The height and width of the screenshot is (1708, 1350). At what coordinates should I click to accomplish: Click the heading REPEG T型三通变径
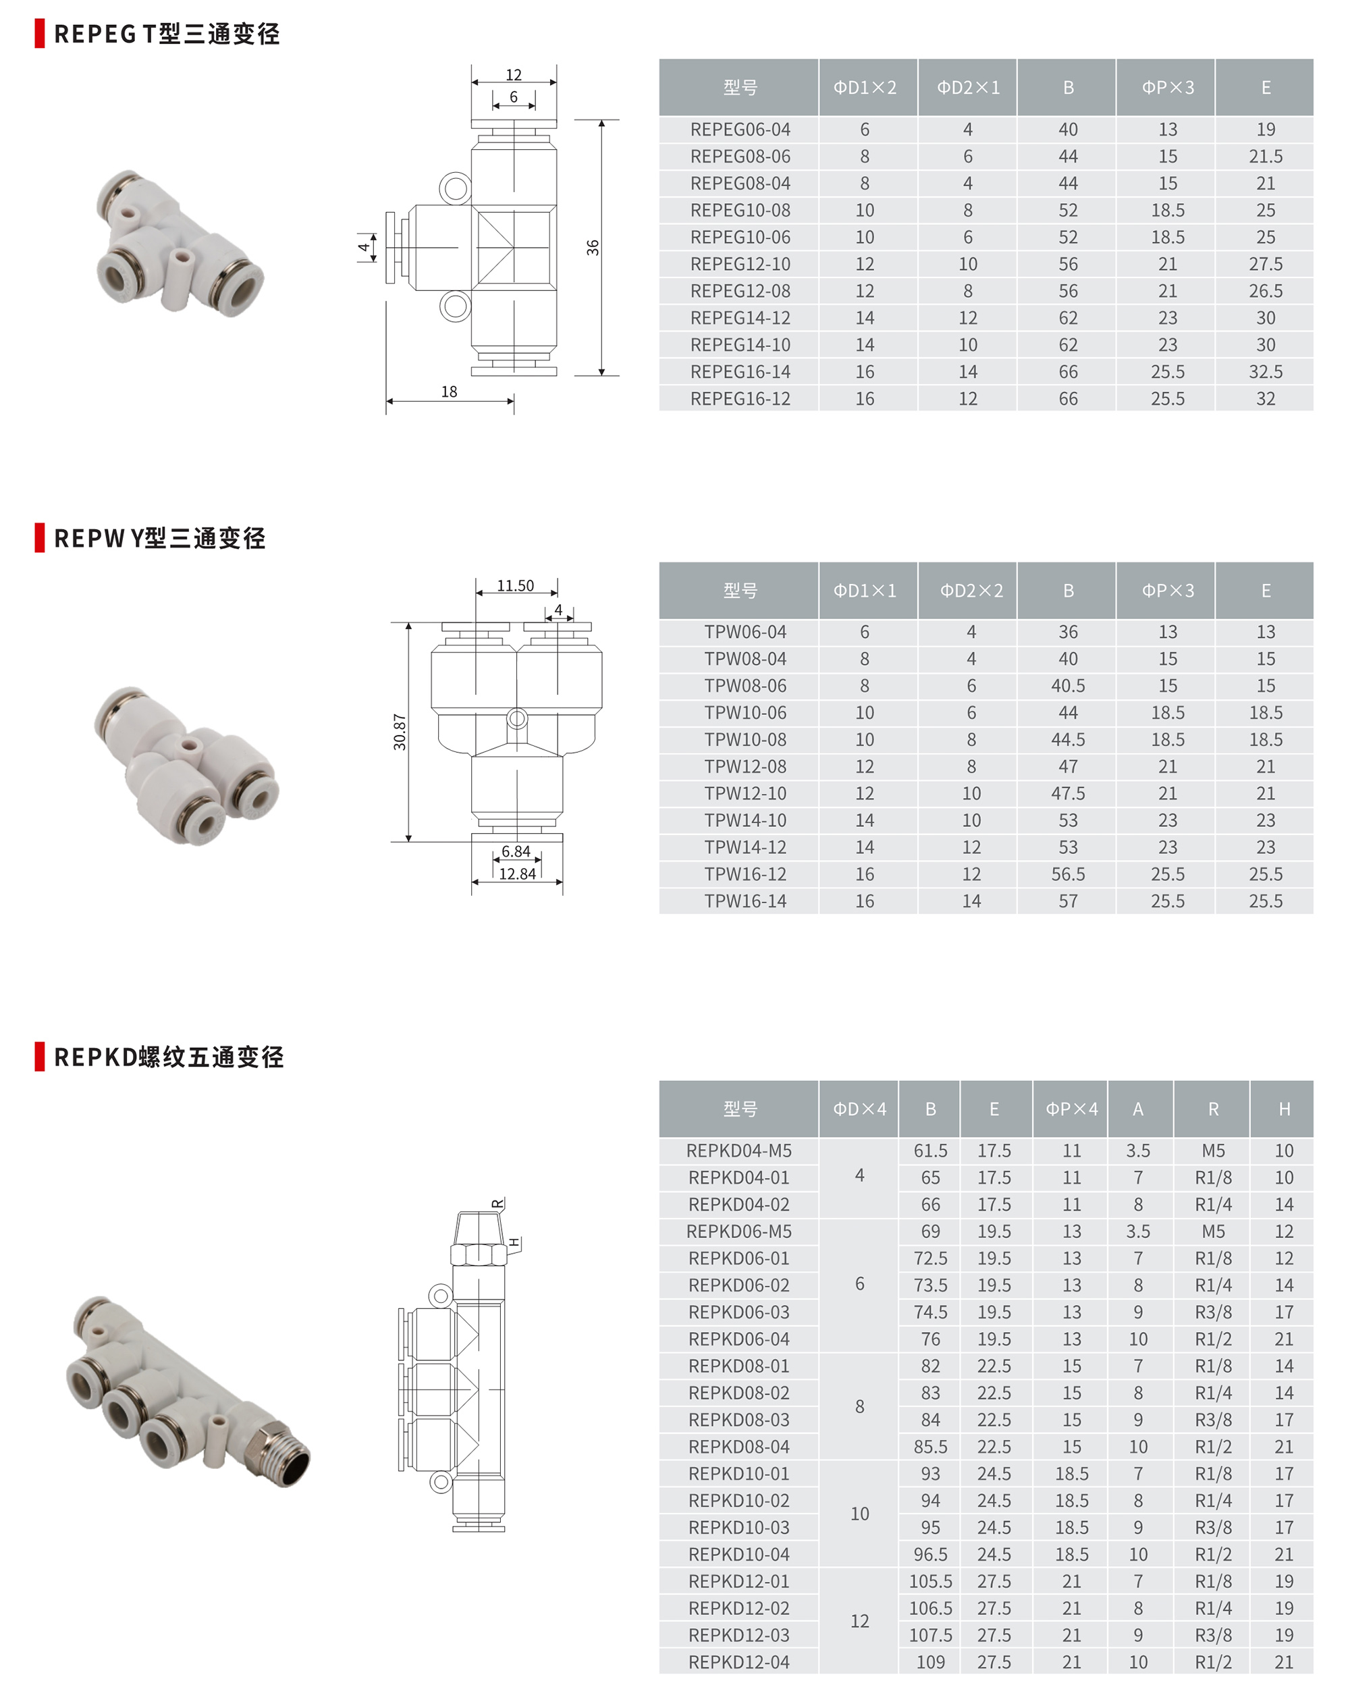click(167, 34)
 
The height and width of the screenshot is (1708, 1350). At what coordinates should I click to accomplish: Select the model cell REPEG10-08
click(740, 210)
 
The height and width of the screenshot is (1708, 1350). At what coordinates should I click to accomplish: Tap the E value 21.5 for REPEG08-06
click(1266, 157)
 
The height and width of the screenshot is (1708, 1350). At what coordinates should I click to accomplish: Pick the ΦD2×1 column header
click(968, 88)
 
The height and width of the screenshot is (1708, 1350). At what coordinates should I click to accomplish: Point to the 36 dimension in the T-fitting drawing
click(593, 247)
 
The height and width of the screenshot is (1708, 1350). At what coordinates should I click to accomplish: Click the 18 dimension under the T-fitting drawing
click(449, 392)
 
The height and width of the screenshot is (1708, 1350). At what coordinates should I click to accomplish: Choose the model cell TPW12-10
click(745, 793)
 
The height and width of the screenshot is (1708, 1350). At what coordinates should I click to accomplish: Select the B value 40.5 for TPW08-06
click(1068, 686)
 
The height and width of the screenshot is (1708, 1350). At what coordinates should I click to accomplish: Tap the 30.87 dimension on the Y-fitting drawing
click(400, 732)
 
